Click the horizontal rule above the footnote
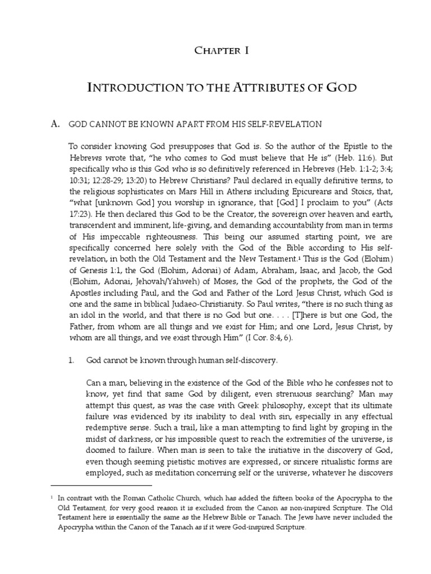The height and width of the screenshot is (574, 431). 101,485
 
